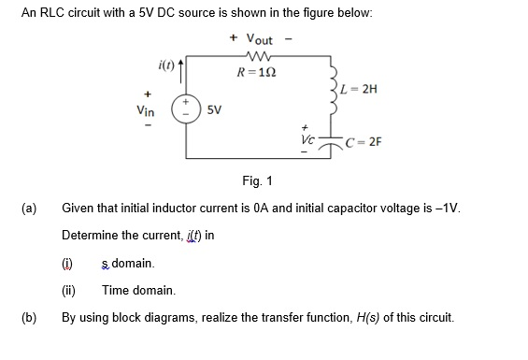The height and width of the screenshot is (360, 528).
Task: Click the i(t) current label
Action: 164,65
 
